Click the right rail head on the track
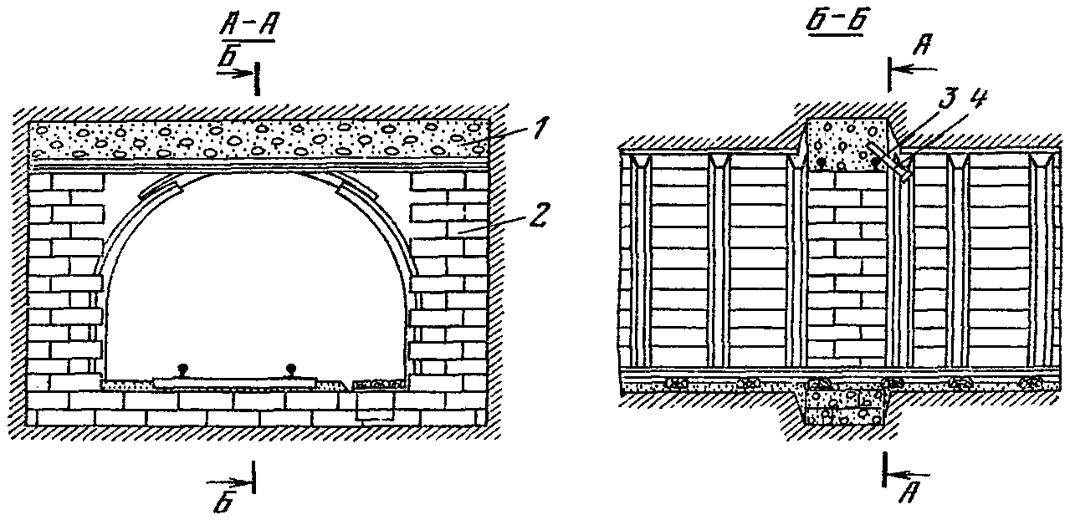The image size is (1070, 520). [x=289, y=369]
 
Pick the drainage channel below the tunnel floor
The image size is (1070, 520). [x=373, y=408]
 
